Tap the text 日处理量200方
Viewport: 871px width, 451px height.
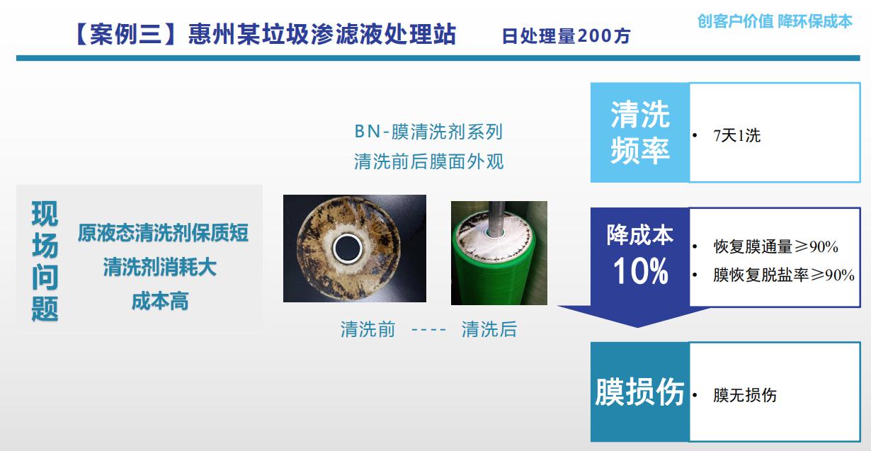566,35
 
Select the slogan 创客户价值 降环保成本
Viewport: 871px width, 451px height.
775,21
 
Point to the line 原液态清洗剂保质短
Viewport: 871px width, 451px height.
164,233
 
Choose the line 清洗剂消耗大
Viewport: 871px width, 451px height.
160,267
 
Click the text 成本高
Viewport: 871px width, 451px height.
160,301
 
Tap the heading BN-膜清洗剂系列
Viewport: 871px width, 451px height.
428,132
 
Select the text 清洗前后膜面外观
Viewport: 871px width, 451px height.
428,161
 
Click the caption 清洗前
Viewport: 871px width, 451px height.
368,329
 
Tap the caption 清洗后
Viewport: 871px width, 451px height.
489,329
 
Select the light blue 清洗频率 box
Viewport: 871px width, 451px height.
639,132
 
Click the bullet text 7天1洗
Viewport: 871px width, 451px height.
736,136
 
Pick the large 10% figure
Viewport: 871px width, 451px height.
640,272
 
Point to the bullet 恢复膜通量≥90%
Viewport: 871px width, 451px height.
775,247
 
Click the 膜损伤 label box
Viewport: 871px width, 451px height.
639,392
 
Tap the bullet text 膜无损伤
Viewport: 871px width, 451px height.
744,396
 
